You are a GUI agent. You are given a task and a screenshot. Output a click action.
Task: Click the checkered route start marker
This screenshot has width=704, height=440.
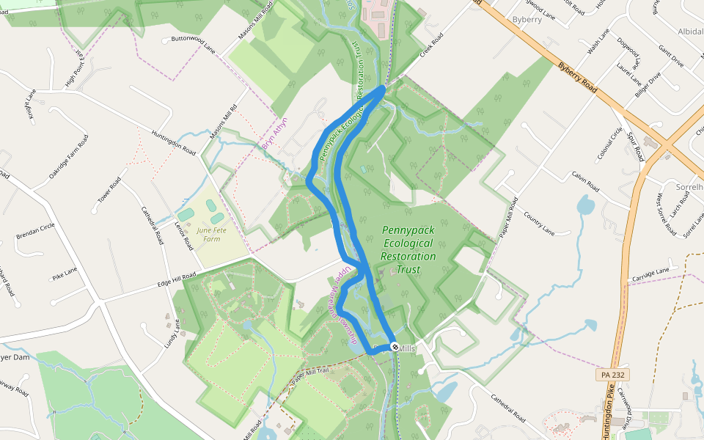pyautogui.click(x=395, y=346)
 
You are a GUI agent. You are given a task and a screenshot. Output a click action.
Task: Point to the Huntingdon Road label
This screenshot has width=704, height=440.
pyautogui.click(x=174, y=142)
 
